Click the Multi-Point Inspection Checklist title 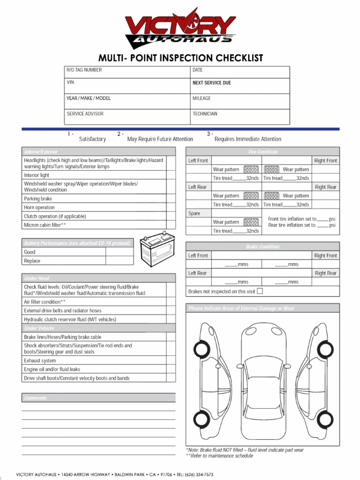click(180, 58)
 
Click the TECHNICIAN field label click(205, 114)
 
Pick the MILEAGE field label click(202, 98)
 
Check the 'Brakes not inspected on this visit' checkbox click(260, 291)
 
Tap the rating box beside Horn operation click(171, 208)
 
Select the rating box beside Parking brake click(171, 199)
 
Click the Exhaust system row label click(40, 361)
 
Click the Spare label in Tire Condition click(194, 213)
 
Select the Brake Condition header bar click(262, 247)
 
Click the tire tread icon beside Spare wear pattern click(251, 222)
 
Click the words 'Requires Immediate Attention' click(247, 139)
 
